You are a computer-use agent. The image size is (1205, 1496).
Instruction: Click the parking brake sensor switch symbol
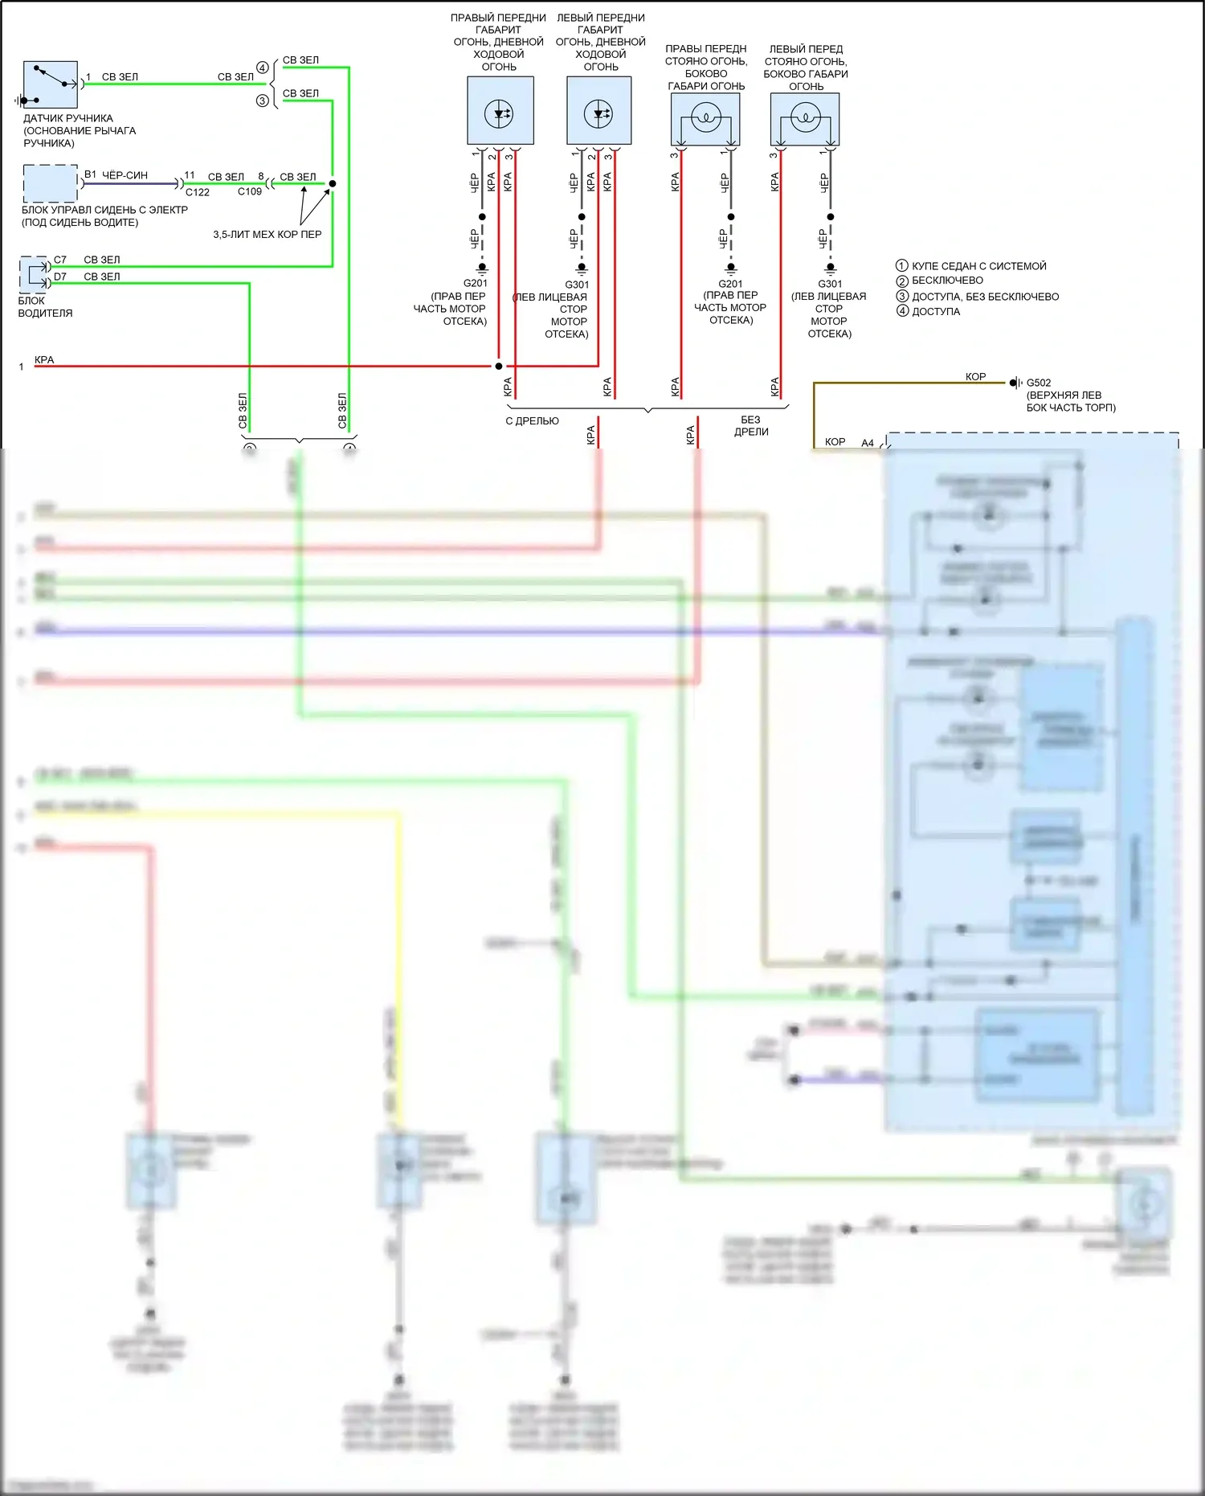click(51, 84)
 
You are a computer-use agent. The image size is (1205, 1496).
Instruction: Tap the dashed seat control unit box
click(50, 183)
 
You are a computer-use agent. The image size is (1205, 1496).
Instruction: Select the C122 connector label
click(198, 193)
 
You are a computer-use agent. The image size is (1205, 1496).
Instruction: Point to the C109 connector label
click(249, 192)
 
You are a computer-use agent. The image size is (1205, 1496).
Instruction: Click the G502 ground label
click(1038, 383)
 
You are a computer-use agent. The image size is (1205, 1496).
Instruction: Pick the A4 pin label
click(868, 443)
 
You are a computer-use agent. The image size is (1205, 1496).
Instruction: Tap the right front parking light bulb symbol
click(705, 119)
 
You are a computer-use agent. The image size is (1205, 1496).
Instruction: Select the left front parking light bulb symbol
click(805, 119)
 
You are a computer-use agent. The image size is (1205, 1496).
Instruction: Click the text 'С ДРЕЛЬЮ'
click(532, 421)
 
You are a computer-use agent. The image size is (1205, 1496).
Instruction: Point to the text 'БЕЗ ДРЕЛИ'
click(750, 426)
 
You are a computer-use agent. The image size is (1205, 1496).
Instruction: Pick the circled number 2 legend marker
click(902, 281)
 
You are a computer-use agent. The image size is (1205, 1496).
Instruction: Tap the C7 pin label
click(60, 260)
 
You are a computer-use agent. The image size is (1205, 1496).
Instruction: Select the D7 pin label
click(60, 277)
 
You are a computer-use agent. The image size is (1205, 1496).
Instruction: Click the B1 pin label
click(91, 174)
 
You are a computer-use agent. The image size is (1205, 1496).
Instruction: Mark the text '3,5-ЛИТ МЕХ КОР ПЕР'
click(267, 235)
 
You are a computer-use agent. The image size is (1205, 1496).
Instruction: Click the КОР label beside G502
click(975, 376)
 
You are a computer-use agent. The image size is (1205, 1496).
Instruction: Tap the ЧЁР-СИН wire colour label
click(125, 175)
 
